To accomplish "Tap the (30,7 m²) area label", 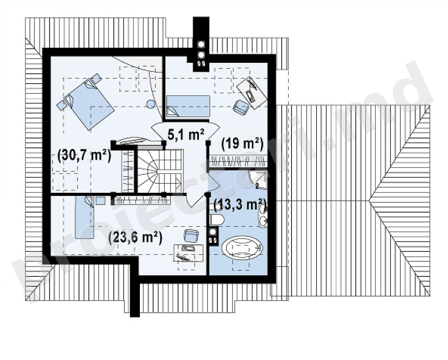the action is coord(84,156).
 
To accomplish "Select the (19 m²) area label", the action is coord(242,144).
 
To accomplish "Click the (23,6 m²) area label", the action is coord(136,238).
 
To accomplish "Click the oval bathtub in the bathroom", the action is coord(242,247).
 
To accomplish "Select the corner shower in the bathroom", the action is coord(258,180).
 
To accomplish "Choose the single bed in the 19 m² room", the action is coord(188,106).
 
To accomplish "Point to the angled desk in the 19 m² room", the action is coord(252,92).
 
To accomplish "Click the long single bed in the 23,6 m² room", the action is coord(85,217).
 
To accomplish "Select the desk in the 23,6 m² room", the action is coord(188,253).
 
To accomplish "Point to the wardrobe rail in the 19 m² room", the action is coord(238,161).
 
